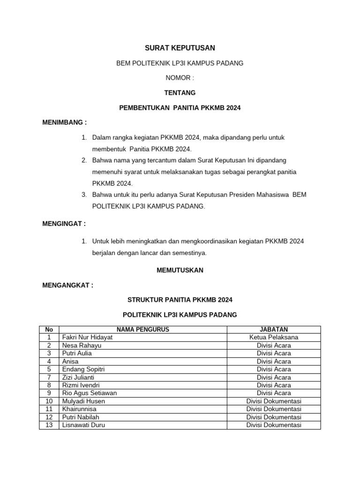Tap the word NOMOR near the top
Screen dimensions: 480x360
click(176, 78)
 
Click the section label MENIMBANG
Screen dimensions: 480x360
click(64, 122)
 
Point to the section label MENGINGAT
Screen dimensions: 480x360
click(64, 224)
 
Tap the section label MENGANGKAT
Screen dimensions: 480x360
click(67, 285)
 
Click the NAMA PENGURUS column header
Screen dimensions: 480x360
click(142, 330)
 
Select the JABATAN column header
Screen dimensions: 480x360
click(274, 330)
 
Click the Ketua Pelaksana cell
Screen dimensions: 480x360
click(274, 337)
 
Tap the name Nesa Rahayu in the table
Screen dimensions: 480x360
click(82, 345)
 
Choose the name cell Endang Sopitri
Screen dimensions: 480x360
click(83, 369)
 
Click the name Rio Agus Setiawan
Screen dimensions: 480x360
click(89, 393)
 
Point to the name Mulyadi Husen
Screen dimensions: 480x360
click(83, 401)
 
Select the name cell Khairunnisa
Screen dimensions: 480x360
click(79, 409)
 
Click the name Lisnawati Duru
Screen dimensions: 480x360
click(83, 425)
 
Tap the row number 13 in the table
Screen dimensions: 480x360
click(49, 425)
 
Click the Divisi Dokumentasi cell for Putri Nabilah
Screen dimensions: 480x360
click(274, 417)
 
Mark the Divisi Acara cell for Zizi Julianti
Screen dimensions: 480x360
click(274, 377)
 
